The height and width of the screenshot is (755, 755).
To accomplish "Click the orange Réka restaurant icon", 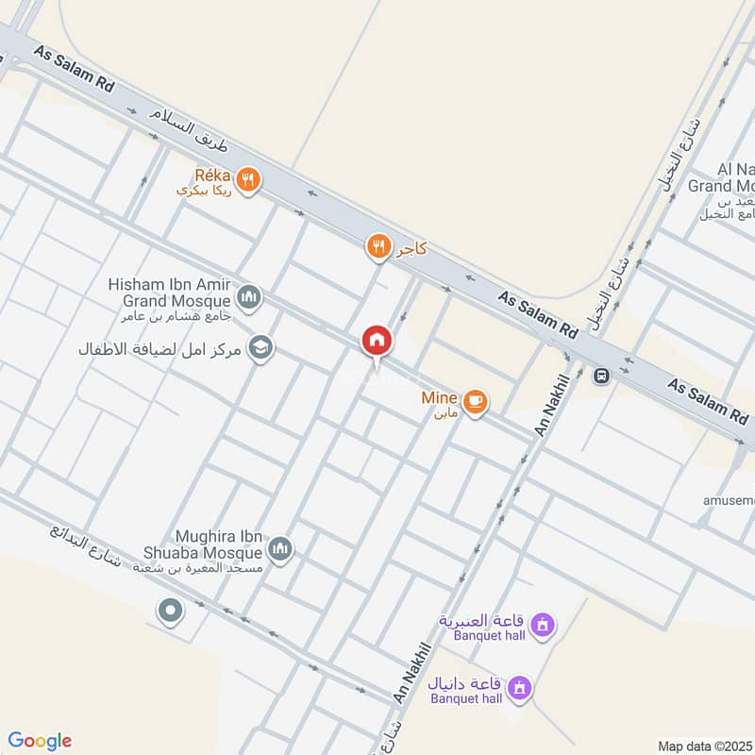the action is pyautogui.click(x=247, y=179).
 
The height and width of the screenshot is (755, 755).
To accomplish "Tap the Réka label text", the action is pyautogui.click(x=212, y=175).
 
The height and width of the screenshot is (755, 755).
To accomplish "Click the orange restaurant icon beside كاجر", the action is pyautogui.click(x=378, y=247).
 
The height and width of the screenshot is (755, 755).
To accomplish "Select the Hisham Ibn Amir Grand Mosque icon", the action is pyautogui.click(x=249, y=299).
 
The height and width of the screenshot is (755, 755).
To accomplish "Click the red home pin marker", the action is pyautogui.click(x=377, y=342).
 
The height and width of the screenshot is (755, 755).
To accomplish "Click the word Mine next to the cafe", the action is pyautogui.click(x=439, y=398).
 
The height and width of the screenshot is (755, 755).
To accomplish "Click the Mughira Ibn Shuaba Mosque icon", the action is pyautogui.click(x=280, y=548).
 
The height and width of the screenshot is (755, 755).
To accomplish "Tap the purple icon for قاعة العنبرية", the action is pyautogui.click(x=543, y=624).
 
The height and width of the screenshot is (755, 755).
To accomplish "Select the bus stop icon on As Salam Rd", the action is pyautogui.click(x=601, y=376).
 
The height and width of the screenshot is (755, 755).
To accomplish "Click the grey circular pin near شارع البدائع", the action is pyautogui.click(x=171, y=612).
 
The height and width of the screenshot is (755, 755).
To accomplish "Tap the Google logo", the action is pyautogui.click(x=40, y=741).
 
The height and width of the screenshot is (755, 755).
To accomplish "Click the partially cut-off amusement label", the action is pyautogui.click(x=728, y=500).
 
